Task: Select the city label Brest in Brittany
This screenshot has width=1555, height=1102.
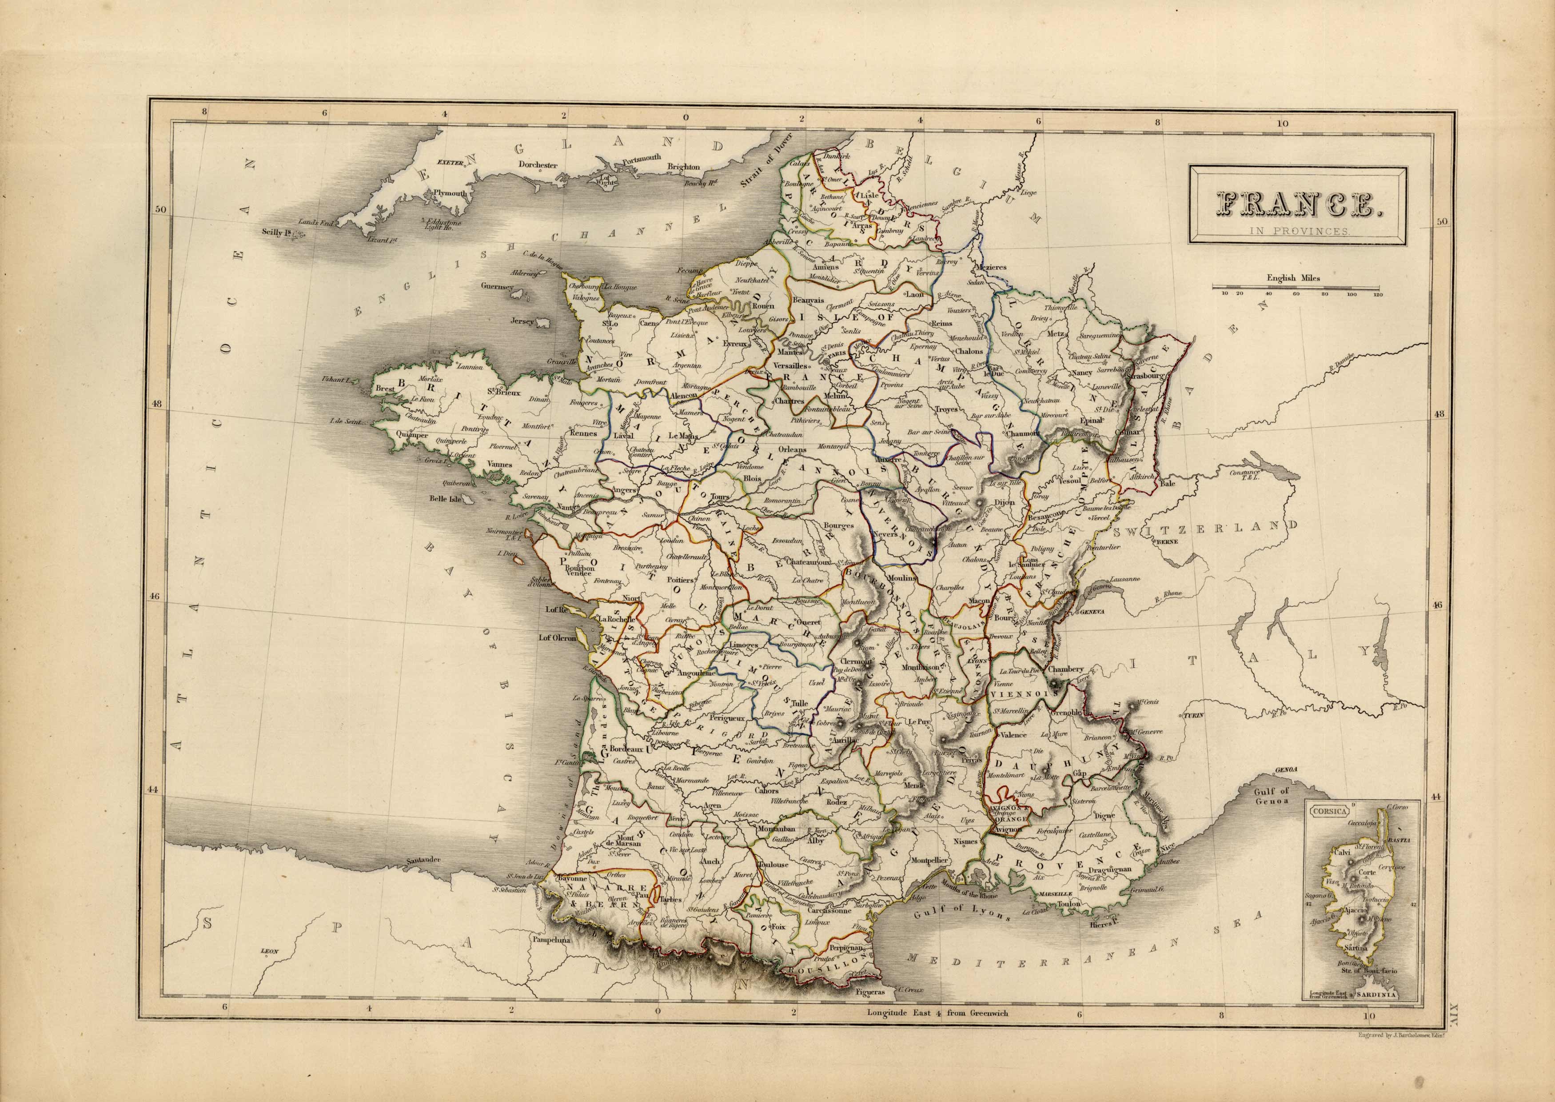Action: [x=384, y=389]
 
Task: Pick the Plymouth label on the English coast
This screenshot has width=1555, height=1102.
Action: [x=451, y=193]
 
